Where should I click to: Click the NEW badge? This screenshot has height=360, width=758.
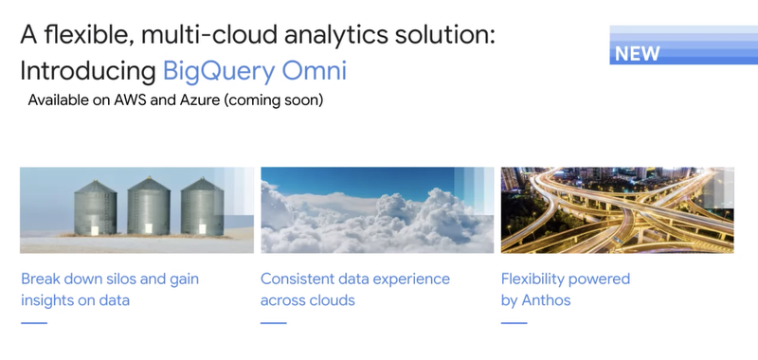point(638,53)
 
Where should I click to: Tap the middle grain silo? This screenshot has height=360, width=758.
point(149,209)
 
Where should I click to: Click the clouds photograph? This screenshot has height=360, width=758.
point(377,210)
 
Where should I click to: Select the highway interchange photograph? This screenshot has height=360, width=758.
point(617,210)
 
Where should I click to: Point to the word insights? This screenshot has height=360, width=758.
point(47,300)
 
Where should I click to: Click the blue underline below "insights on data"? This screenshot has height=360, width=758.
point(33,323)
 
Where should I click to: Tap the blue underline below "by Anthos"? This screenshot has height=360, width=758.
point(514,323)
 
